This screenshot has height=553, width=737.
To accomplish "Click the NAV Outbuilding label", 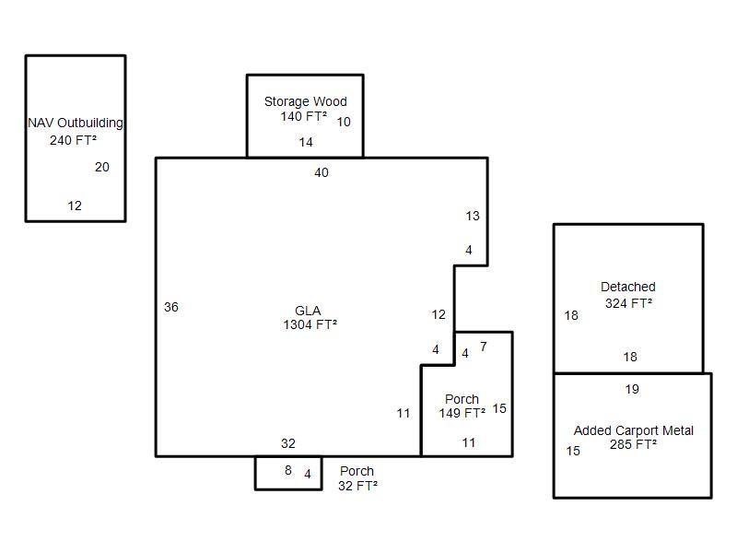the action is click(76, 124).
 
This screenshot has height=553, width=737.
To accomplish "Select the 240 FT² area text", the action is click(74, 140).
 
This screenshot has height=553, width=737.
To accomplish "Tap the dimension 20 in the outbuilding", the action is click(102, 167).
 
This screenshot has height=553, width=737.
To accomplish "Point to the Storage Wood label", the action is click(306, 101).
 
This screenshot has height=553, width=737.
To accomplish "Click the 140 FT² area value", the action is click(304, 116).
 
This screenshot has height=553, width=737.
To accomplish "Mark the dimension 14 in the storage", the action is click(306, 142).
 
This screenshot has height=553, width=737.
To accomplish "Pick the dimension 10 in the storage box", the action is click(344, 122).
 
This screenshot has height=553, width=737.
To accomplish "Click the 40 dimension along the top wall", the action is click(322, 172).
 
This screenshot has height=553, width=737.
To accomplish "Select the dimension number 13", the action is click(473, 216).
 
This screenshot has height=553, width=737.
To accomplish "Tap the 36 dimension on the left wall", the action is click(171, 307).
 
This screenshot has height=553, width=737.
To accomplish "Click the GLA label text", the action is click(308, 311).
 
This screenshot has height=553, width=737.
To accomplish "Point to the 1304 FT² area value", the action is click(310, 324).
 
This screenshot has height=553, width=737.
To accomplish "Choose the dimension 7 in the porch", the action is click(483, 347).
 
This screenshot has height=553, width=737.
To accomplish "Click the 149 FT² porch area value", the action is click(462, 413).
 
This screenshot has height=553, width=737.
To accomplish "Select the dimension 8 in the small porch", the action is click(288, 470).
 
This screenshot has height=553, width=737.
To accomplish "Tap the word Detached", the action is click(628, 287).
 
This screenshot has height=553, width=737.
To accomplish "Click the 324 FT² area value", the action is click(628, 303).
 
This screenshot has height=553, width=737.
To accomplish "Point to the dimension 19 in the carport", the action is click(632, 389).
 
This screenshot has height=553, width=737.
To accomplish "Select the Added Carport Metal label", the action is click(634, 430).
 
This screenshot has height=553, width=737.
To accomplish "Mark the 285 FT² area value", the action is click(633, 444).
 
